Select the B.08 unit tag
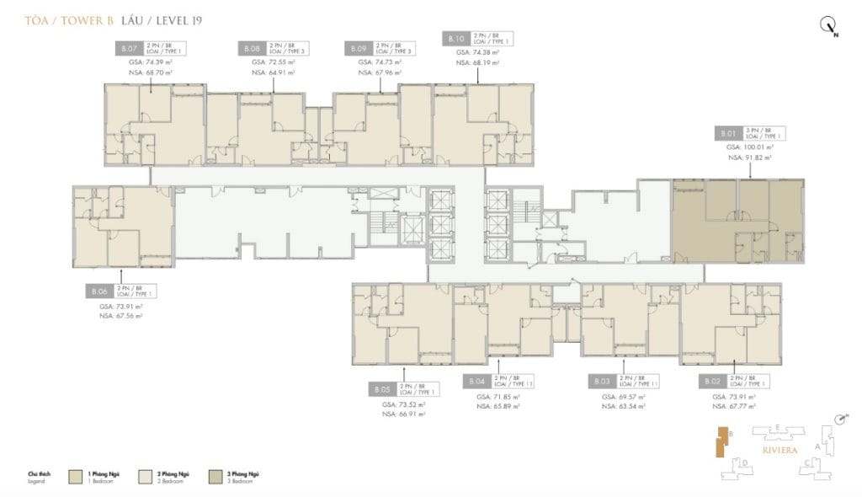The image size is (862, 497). point(252,49)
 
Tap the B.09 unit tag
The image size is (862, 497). point(357,49)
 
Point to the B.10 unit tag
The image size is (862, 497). point(455,39)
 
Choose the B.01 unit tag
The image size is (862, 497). point(727,133)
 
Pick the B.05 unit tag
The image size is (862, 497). point(381,390)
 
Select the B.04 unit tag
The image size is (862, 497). point(476,382)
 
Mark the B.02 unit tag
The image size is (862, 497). point(711,382)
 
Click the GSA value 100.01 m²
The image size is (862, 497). point(751,146)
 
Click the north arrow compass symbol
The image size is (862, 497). point(828,26)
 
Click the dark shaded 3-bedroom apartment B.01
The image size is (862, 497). point(736,221)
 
